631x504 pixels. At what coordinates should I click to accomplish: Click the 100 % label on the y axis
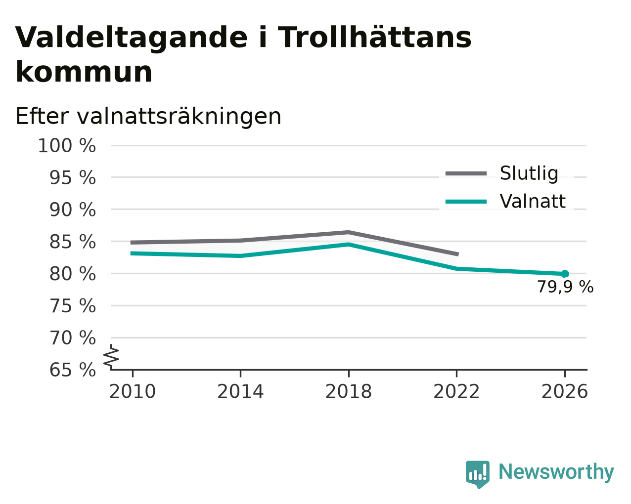click(67, 146)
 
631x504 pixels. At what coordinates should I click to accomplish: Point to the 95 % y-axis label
click(72, 177)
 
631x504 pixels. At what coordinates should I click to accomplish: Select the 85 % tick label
click(72, 242)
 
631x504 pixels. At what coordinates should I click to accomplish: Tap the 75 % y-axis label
click(72, 306)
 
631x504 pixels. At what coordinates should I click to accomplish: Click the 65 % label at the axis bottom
click(72, 370)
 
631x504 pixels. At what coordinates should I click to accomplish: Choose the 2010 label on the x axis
click(132, 392)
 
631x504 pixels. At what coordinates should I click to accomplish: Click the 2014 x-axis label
click(240, 392)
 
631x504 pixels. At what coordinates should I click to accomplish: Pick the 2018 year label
click(349, 392)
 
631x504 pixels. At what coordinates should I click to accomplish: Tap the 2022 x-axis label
click(456, 392)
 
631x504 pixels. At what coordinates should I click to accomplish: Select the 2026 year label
click(565, 392)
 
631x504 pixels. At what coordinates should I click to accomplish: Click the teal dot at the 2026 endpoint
click(565, 274)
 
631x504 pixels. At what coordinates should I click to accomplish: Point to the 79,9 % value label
click(565, 287)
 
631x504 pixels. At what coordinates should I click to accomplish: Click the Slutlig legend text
click(529, 173)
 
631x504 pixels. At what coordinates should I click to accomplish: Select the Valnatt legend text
click(533, 201)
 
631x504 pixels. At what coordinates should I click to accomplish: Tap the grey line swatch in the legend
click(466, 173)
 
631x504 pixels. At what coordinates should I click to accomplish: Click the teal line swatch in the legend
click(466, 202)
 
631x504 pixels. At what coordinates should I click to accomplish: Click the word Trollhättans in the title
click(374, 38)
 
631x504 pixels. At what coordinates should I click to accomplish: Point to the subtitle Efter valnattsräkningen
click(148, 117)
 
